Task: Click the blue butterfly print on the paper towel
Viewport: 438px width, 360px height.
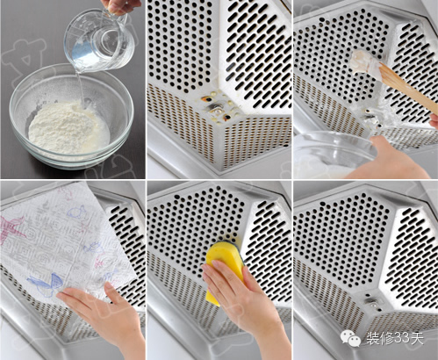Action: pyautogui.click(x=46, y=284)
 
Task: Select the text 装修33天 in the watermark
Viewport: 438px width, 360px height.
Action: pyautogui.click(x=395, y=339)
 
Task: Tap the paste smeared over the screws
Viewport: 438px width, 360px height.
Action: pyautogui.click(x=371, y=116)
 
